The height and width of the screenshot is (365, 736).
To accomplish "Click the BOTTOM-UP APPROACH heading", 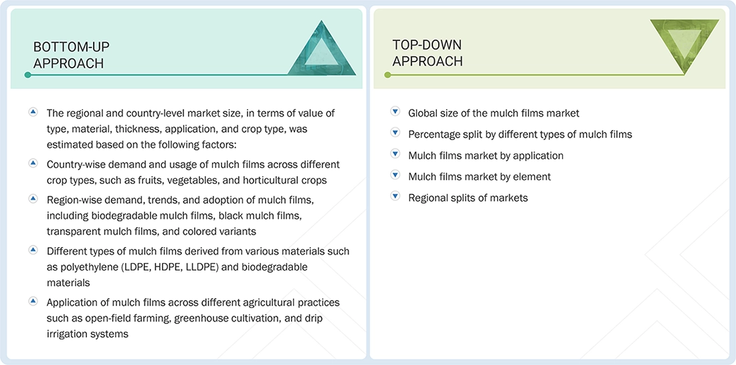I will pos(71,55).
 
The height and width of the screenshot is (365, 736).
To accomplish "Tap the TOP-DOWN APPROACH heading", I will pos(428,53).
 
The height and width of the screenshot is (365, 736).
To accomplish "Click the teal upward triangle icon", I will pos(322,48).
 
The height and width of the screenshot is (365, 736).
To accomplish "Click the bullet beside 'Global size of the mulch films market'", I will pos(395,112).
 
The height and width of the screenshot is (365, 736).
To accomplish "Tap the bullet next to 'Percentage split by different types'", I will pos(395,133).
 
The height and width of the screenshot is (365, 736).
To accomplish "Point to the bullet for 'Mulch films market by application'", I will pos(395,155).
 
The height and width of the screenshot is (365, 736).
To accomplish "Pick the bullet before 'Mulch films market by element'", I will pos(395,176).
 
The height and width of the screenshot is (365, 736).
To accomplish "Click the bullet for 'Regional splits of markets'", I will pos(395,197).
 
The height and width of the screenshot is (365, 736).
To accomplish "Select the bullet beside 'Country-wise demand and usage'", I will pos(33,163).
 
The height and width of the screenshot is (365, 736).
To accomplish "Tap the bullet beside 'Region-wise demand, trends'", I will pos(33,199).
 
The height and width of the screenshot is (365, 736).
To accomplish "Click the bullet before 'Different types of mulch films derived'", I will pos(33,250).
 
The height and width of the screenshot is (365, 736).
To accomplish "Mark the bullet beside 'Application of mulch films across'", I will pos(33,301).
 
